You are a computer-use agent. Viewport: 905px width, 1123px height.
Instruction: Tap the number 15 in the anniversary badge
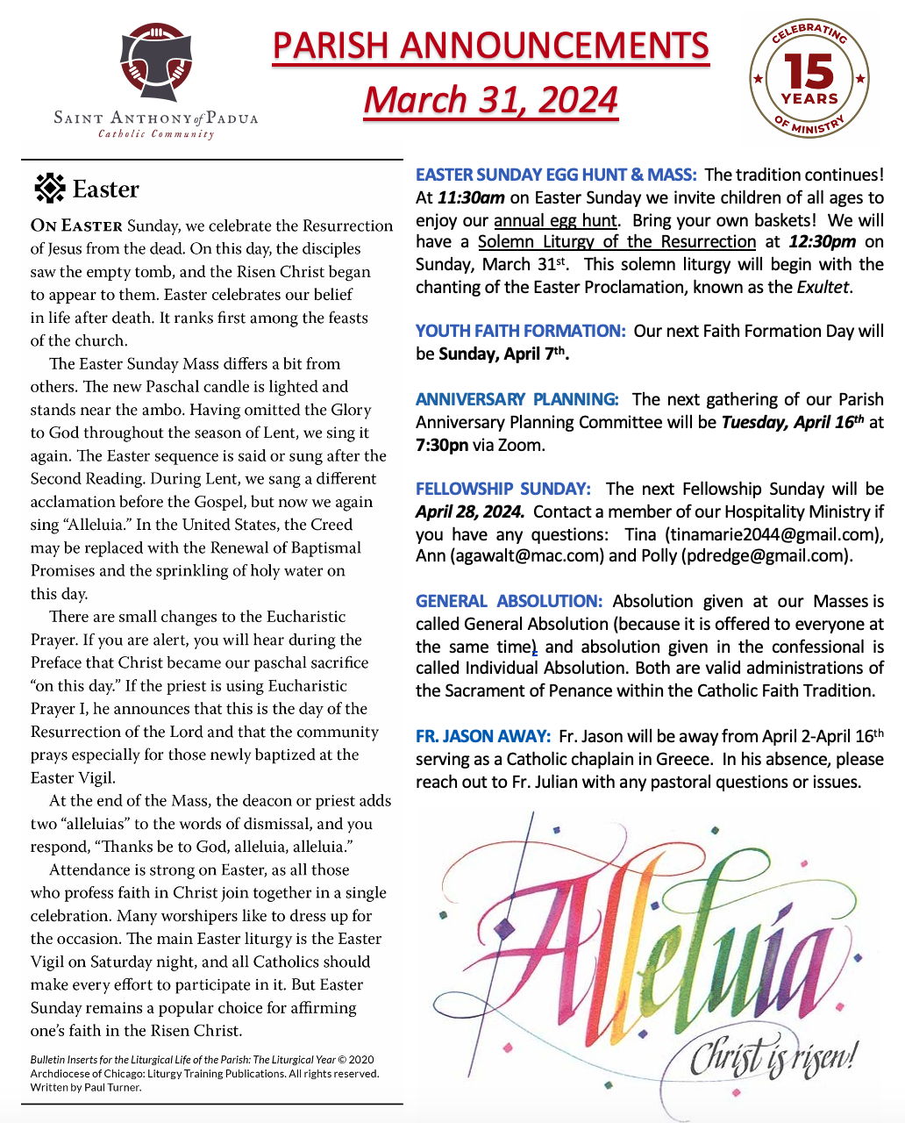(809, 72)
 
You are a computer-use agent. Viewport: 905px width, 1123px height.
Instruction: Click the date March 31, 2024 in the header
(491, 100)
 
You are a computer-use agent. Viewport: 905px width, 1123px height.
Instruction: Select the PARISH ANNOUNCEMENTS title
(491, 46)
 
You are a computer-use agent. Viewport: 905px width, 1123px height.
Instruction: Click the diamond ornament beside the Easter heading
(49, 189)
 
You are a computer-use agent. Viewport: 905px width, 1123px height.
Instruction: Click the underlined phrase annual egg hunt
(555, 220)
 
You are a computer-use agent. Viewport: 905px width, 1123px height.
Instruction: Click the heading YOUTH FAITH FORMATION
(520, 331)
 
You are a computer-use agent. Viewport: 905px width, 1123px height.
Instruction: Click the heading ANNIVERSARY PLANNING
(517, 399)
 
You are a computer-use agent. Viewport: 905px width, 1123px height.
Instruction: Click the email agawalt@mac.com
(527, 555)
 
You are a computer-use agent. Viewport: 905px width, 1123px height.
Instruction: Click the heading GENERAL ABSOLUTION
(509, 601)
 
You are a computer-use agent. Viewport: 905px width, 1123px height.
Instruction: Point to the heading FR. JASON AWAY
(483, 736)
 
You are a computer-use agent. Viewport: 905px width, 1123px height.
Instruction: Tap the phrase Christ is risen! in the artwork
(772, 1057)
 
